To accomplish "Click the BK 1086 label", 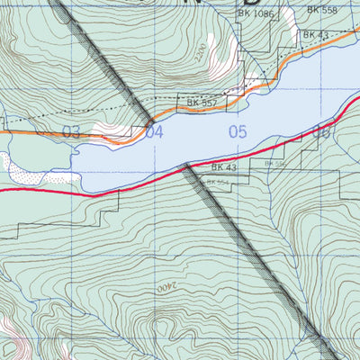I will click(x=256, y=15).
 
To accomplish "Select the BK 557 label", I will click(x=203, y=103).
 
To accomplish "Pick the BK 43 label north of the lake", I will click(x=315, y=34).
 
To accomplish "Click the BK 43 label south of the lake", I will click(x=224, y=167).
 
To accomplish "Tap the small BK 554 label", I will click(x=218, y=183).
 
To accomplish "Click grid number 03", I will click(x=71, y=133).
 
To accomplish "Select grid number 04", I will click(x=155, y=133).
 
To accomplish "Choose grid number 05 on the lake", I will click(x=237, y=132).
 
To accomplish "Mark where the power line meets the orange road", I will click(x=150, y=121).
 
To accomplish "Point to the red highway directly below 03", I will click(x=71, y=192).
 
